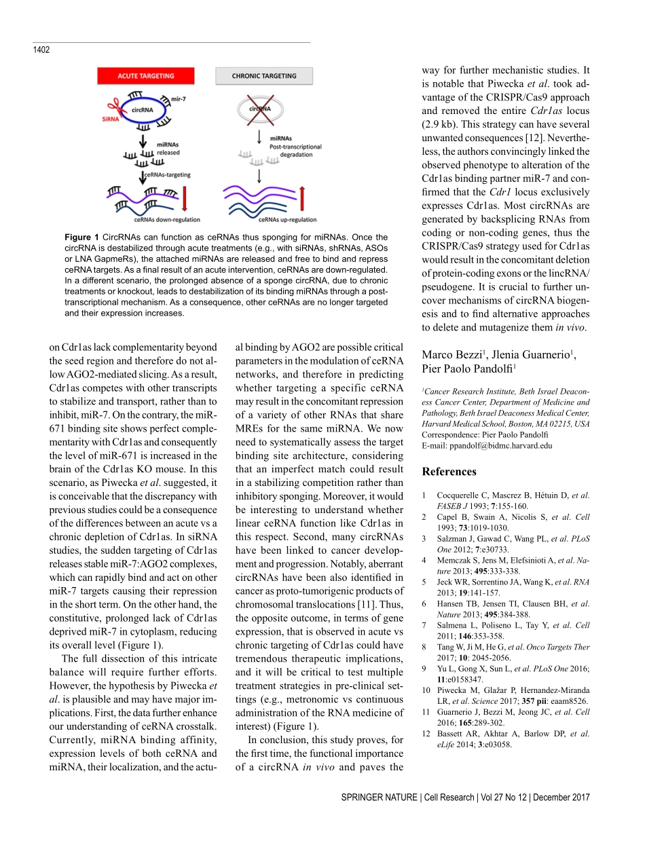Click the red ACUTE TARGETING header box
pos(145,76)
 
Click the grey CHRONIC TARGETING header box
pos(263,76)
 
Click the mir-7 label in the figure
pos(180,98)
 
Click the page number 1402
pos(41,50)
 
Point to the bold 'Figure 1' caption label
pos(81,237)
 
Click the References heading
pos(449,472)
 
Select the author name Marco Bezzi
pos(451,355)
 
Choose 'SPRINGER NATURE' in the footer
pos(380,797)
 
